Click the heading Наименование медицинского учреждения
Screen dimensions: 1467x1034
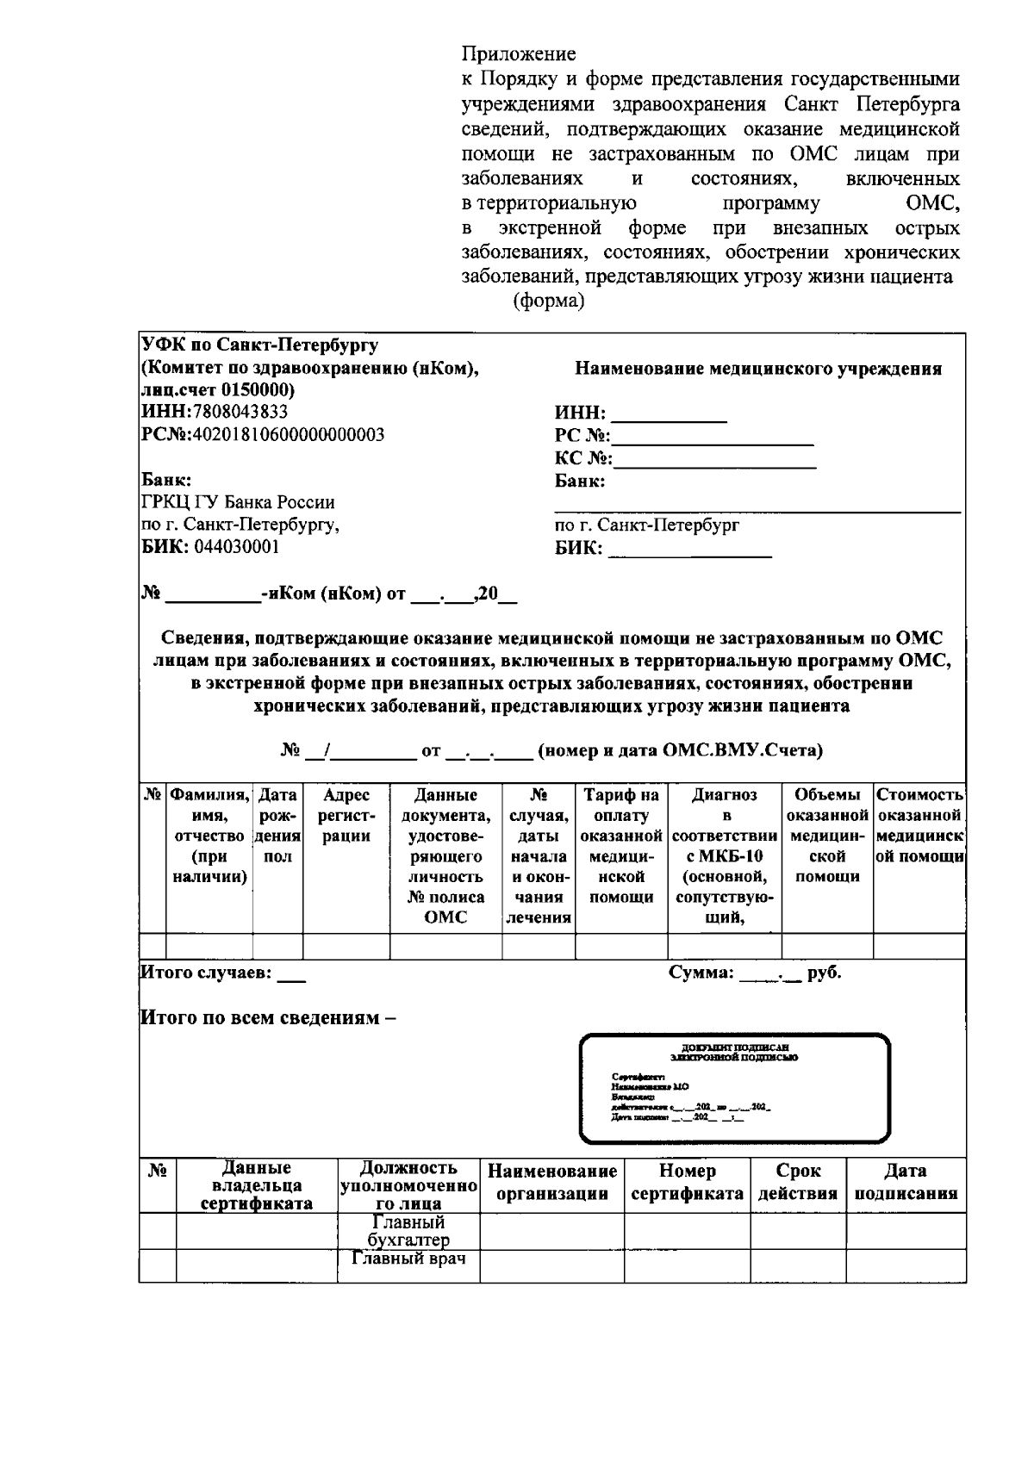(757, 370)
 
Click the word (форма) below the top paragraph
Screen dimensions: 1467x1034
(549, 302)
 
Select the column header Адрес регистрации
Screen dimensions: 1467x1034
(346, 815)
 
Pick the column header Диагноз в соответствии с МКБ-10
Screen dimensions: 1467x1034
(724, 855)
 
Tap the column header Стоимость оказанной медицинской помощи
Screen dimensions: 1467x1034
(919, 825)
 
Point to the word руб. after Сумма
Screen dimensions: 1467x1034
(825, 973)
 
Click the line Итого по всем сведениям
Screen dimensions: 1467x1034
(268, 1017)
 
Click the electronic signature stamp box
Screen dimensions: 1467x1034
(734, 1088)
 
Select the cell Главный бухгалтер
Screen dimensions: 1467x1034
(408, 1231)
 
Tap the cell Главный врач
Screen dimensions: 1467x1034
(408, 1259)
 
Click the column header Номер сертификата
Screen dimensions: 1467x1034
(686, 1182)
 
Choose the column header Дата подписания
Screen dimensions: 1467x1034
(905, 1182)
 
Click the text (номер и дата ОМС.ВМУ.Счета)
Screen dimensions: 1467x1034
(680, 750)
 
